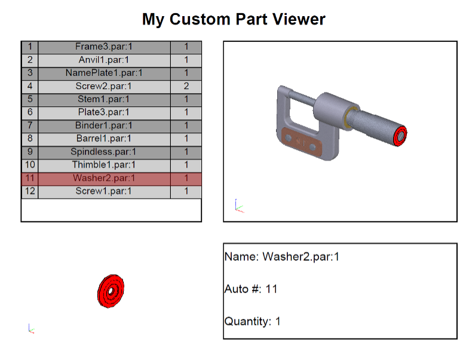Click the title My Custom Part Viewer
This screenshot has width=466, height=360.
(234, 20)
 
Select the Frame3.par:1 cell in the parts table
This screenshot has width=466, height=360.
(104, 47)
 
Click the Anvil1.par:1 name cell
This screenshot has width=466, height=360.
(104, 60)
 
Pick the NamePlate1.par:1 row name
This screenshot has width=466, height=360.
(104, 73)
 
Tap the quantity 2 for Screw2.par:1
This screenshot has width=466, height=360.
(186, 86)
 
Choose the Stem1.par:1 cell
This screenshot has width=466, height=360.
(104, 99)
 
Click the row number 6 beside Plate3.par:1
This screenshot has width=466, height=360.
(30, 112)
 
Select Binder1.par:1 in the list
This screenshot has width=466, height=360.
(104, 125)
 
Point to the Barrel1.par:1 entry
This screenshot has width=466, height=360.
(104, 139)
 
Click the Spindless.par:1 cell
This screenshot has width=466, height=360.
(104, 152)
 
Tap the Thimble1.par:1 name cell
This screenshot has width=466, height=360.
(104, 165)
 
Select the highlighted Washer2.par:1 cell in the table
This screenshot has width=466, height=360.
(104, 179)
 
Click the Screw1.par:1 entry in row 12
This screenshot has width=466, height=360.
(104, 191)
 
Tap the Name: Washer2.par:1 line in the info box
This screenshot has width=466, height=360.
(282, 257)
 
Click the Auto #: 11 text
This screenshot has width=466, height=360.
(251, 289)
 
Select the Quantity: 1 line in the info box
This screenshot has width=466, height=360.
(253, 321)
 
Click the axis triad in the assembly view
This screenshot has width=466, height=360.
(239, 206)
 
